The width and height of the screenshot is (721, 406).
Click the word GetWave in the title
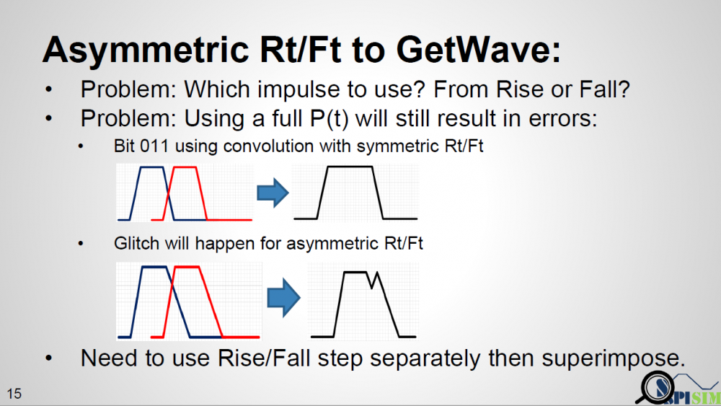pos(478,50)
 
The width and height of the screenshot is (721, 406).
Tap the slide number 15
pos(14,394)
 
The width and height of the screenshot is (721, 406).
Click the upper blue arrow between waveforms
pos(273,193)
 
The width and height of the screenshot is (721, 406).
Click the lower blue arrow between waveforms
pos(283,298)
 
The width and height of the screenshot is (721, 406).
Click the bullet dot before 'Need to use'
pos(49,358)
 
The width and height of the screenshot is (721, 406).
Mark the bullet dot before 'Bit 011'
pos(81,146)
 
